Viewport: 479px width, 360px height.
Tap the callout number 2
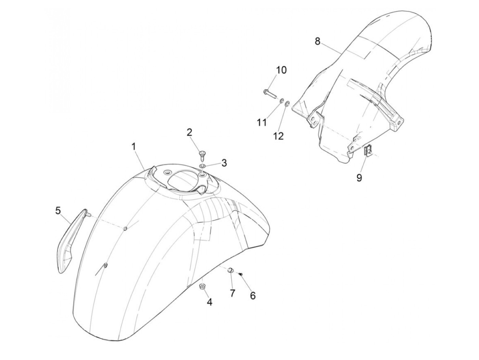click(190, 132)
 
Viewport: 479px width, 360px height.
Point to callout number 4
click(209, 302)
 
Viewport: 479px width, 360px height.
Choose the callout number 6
click(253, 295)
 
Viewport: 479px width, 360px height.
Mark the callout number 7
click(232, 293)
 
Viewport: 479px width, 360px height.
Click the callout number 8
click(318, 41)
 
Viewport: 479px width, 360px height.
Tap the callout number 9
click(359, 178)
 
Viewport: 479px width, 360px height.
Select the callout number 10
click(282, 70)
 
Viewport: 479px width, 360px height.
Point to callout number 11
click(262, 122)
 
